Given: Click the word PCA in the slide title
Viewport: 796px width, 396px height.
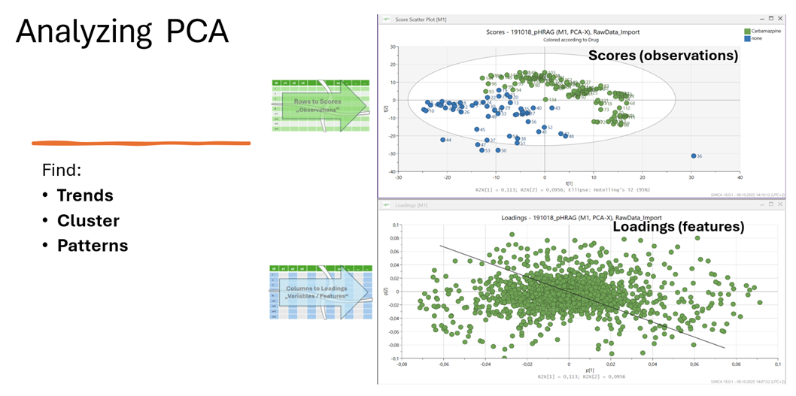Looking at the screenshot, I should coord(191,33).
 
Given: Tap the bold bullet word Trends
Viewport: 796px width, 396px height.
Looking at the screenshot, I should coord(85,195).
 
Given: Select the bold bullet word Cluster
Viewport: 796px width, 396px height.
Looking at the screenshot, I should coord(88,221).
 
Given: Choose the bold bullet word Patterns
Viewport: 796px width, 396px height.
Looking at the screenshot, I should coord(93,246).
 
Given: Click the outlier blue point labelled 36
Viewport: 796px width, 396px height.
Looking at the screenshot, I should coord(693,156).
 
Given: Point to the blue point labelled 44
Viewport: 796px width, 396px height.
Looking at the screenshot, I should coord(443,140).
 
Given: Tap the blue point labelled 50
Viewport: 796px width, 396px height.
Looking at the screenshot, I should coord(497,150).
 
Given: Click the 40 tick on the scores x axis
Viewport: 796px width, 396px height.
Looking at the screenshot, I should coord(740,177).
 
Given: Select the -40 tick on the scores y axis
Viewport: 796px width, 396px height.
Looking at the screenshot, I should coord(393,171).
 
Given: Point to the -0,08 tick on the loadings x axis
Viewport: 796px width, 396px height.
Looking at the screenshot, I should coord(401,364).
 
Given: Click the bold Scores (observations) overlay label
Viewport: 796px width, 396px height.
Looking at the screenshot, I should coord(662,56).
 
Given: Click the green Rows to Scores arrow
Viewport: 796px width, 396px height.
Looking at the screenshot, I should coord(319,105).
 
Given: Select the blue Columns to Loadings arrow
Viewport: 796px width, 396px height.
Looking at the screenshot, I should coord(319,292).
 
